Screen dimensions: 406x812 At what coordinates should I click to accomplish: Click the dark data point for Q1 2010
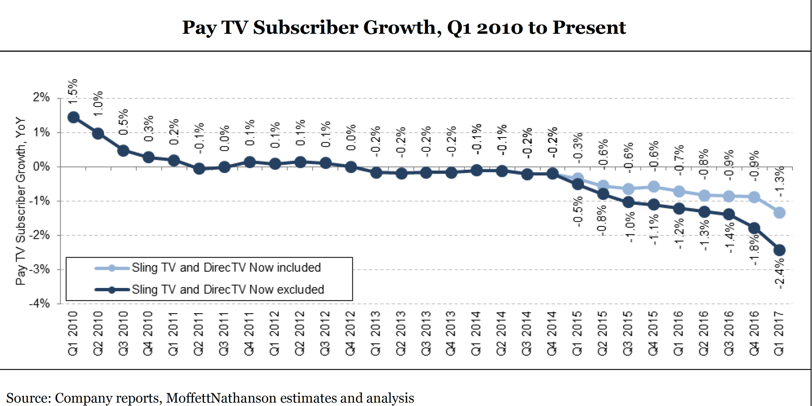click(73, 117)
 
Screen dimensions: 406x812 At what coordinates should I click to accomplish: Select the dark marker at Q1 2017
click(779, 250)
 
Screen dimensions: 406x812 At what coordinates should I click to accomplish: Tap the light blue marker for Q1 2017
click(779, 213)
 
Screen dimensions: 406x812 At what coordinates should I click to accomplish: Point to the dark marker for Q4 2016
click(754, 228)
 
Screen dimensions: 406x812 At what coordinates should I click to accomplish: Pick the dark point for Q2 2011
click(199, 169)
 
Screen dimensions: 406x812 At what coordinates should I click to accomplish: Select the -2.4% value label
click(779, 274)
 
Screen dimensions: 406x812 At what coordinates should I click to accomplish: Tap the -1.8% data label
click(754, 250)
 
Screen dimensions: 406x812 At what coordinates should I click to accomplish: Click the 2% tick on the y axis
click(41, 98)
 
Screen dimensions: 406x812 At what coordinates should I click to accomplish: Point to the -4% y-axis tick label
click(40, 304)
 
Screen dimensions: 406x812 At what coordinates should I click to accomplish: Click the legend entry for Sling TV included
click(226, 268)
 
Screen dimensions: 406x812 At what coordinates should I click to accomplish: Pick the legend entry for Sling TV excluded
click(228, 290)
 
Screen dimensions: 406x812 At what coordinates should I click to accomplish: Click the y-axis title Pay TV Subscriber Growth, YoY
click(21, 201)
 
